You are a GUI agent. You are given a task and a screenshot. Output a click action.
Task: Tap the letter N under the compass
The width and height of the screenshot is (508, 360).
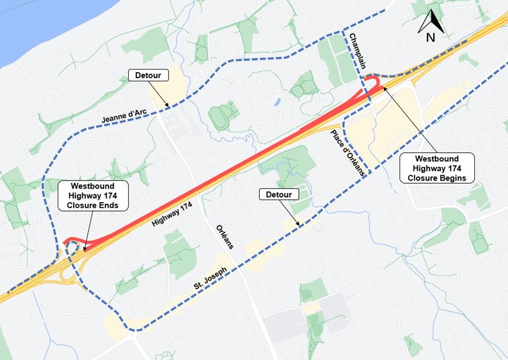click(x=430, y=37)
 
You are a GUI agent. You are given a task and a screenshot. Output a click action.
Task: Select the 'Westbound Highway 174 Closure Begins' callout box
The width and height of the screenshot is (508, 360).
click(x=436, y=168)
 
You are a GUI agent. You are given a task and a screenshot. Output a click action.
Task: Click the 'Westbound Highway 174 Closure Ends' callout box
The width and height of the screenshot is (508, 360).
click(x=93, y=195)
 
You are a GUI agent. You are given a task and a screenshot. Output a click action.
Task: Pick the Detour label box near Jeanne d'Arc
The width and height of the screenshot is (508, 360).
click(x=148, y=75)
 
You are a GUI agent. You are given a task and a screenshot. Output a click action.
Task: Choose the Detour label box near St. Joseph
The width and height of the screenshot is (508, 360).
click(x=279, y=194)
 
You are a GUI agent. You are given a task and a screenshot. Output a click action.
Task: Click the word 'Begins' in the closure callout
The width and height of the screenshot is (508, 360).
click(x=436, y=178)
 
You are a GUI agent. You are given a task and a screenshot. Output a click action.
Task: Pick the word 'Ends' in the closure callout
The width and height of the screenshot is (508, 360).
click(x=104, y=205)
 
